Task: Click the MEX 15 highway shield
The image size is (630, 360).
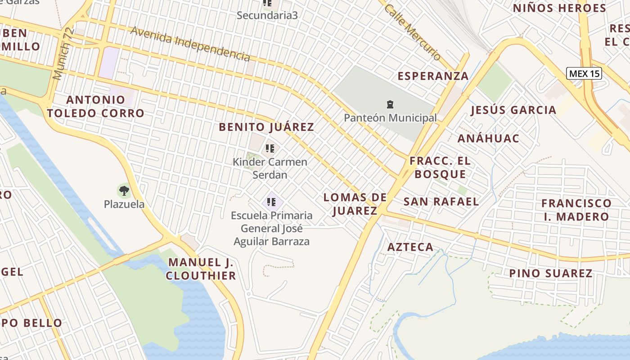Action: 584,73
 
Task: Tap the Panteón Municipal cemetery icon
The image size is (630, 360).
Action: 390,105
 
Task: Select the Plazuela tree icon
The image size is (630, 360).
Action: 124,190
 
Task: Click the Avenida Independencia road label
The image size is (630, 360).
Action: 190,44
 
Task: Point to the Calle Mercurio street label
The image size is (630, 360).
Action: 412,32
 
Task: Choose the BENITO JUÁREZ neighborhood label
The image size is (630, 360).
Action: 266,127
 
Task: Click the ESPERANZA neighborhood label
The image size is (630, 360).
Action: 433,76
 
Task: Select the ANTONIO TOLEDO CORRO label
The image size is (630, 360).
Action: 95,106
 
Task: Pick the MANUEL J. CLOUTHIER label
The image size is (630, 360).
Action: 201,269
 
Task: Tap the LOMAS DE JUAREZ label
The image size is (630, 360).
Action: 355,204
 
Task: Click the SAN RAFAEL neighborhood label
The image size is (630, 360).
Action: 441,201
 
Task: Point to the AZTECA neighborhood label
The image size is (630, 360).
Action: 410,247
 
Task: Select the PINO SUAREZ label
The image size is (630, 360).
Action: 550,273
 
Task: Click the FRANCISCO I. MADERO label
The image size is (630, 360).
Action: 576,210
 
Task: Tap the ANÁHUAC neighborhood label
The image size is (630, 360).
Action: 488,138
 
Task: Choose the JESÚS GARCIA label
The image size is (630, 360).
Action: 513,110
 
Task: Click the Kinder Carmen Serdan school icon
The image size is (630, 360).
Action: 270,148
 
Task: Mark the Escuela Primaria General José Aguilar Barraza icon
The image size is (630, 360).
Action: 271,202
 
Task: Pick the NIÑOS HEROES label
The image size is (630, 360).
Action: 559,8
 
